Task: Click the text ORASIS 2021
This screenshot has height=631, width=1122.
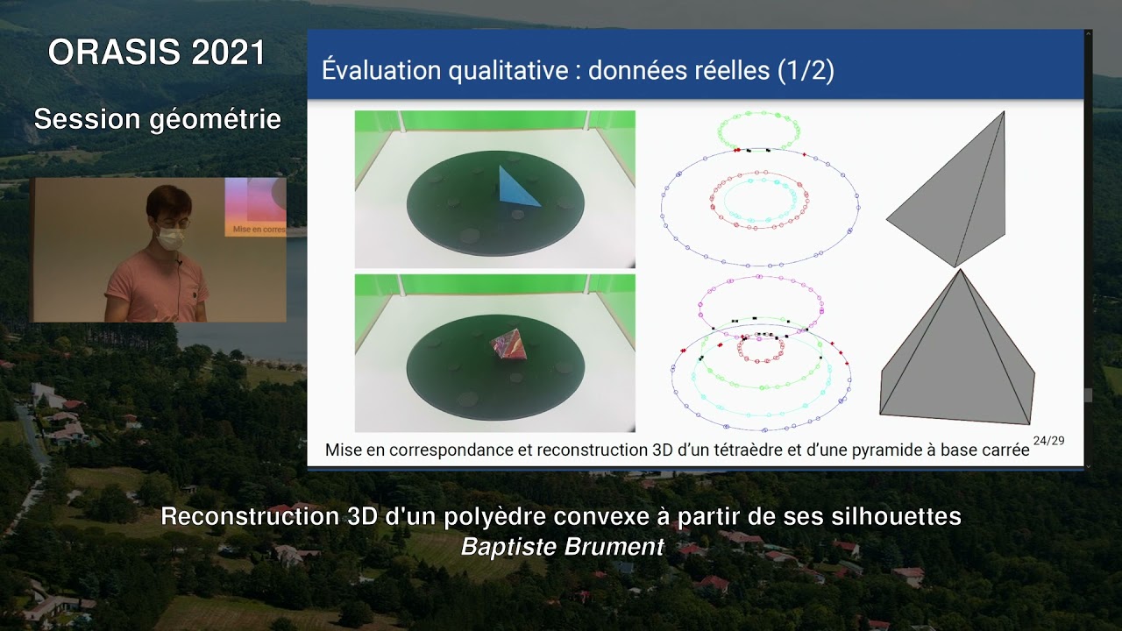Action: [157, 53]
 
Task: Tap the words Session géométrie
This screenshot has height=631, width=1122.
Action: [157, 119]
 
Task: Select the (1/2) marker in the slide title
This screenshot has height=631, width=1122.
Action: [805, 70]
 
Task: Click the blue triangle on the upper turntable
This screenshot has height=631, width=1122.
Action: [517, 188]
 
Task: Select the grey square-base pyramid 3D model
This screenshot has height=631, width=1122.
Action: [955, 359]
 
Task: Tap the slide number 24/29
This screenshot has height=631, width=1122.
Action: [1048, 440]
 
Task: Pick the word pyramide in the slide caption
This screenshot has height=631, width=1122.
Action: [881, 450]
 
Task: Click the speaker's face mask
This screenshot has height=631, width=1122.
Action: [171, 237]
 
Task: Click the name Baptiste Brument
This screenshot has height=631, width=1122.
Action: [562, 547]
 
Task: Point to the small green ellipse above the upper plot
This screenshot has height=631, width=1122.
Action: [759, 130]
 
